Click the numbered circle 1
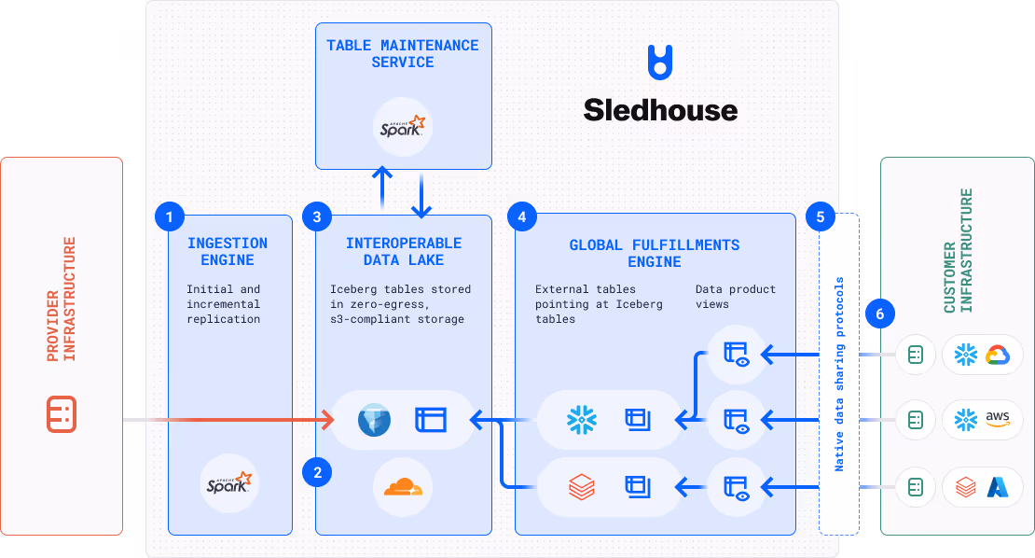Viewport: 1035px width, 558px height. coord(169,217)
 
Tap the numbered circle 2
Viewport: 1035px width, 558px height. coord(317,473)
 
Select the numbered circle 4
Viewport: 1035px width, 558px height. coord(521,217)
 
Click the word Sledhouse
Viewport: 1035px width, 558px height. coord(660,110)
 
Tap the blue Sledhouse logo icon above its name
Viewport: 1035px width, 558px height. coord(660,62)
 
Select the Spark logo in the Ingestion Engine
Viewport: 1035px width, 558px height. coord(228,483)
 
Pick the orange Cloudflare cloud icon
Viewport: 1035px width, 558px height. coord(403,486)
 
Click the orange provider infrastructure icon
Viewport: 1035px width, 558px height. coord(62,414)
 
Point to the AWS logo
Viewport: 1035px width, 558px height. coord(998,419)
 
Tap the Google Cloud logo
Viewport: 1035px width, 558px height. coord(998,355)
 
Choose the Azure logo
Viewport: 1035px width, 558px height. coord(998,486)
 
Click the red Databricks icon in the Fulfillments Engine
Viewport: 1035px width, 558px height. coord(582,486)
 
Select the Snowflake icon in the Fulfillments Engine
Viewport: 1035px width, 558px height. coord(582,420)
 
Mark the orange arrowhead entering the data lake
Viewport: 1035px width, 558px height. coord(329,420)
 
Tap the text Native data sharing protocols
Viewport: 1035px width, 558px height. coord(838,373)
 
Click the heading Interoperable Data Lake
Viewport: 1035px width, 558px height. coord(403,252)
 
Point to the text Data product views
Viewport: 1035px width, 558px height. coord(736,296)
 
